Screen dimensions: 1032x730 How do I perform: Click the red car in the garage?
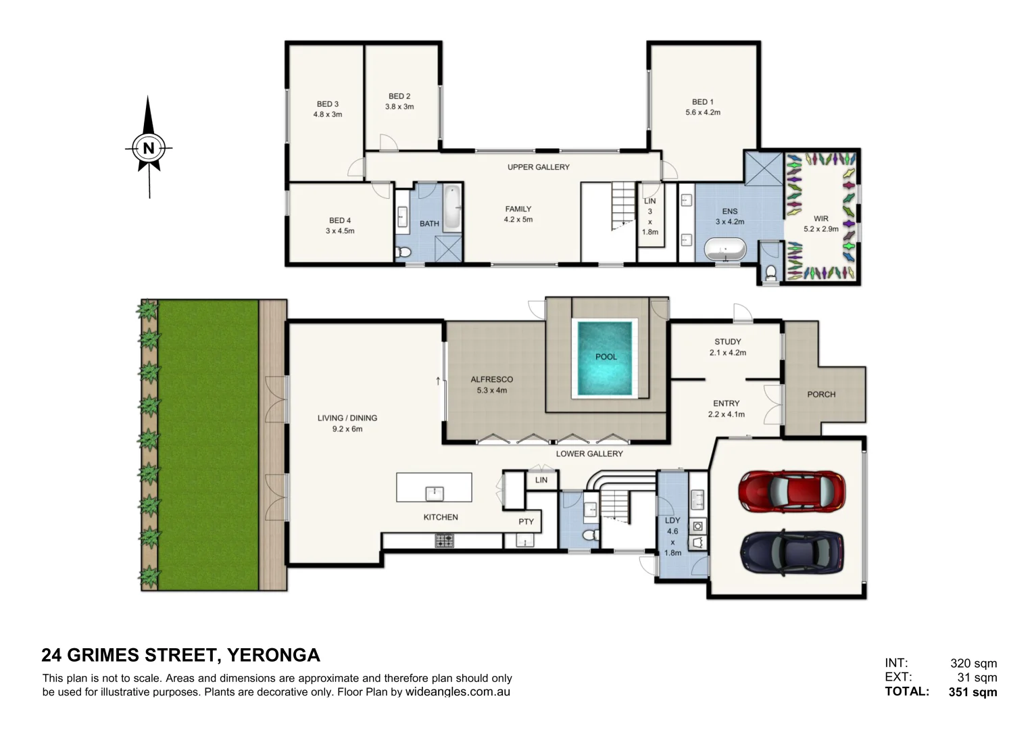pyautogui.click(x=791, y=491)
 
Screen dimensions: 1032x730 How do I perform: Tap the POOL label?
pyautogui.click(x=606, y=357)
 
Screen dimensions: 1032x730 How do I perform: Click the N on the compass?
pyautogui.click(x=149, y=149)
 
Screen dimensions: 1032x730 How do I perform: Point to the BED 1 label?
pyautogui.click(x=703, y=102)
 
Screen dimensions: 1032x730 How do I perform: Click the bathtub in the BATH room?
pyautogui.click(x=452, y=208)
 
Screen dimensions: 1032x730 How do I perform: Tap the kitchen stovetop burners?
pyautogui.click(x=444, y=541)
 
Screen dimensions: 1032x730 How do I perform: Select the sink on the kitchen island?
pyautogui.click(x=434, y=493)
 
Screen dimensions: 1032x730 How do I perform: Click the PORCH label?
pyautogui.click(x=821, y=395)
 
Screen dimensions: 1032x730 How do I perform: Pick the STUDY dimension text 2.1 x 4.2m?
pyautogui.click(x=728, y=353)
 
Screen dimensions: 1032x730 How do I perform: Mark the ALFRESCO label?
pyautogui.click(x=491, y=379)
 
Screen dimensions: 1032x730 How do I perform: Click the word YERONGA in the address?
pyautogui.click(x=274, y=655)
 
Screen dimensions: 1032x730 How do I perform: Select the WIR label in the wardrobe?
pyautogui.click(x=821, y=218)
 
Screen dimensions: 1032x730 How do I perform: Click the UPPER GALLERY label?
pyautogui.click(x=539, y=167)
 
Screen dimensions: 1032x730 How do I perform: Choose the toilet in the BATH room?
pyautogui.click(x=403, y=252)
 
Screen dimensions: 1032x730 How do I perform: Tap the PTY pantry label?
pyautogui.click(x=526, y=522)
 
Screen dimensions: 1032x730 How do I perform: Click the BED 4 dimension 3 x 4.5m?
pyautogui.click(x=340, y=231)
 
